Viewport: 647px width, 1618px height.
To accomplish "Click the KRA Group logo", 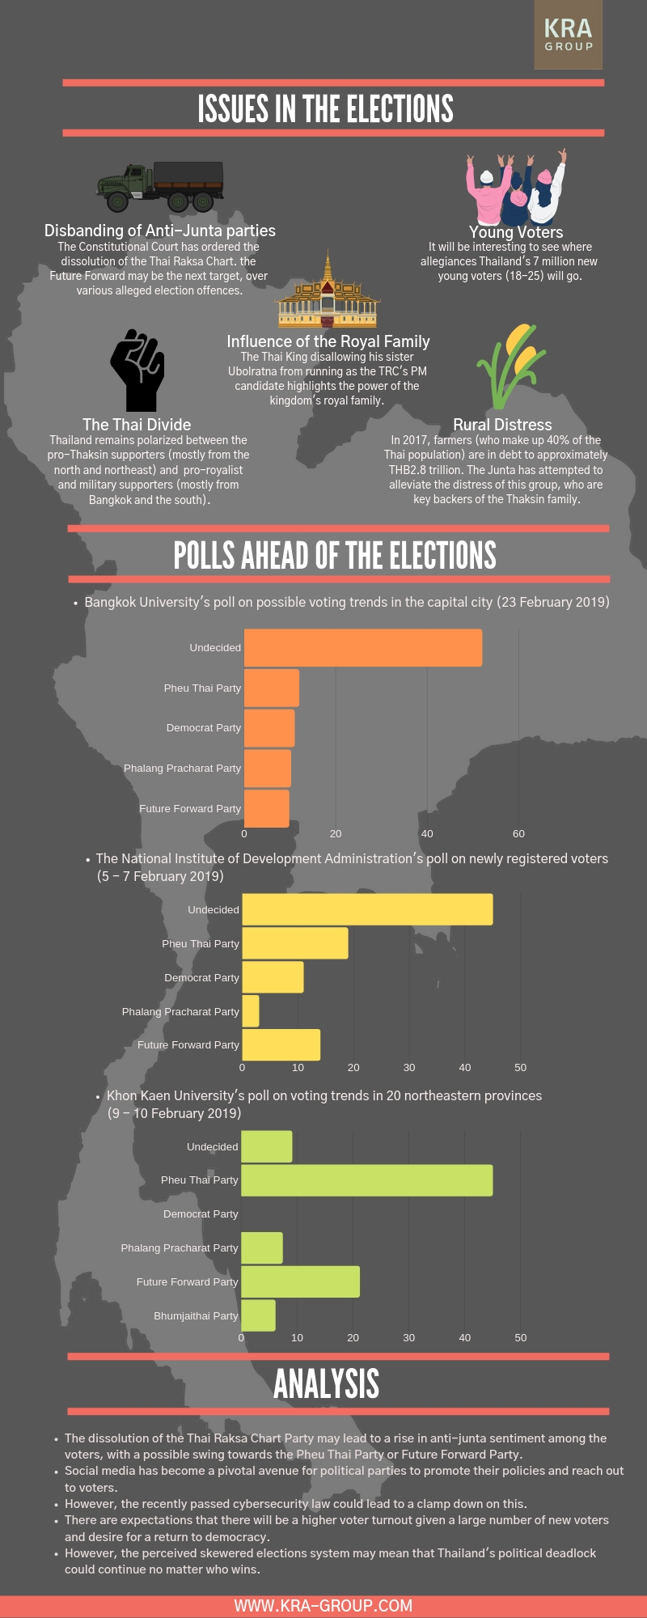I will pos(568,35).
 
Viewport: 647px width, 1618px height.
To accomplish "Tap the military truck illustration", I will pos(160,185).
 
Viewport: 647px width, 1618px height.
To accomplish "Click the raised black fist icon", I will pos(137,370).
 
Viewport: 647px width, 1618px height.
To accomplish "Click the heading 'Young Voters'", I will pos(516,232).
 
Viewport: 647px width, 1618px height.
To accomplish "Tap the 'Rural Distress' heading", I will pos(502,425).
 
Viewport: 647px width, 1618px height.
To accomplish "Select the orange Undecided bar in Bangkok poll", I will pos(362,648).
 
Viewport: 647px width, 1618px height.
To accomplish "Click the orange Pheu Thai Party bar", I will pos(272,688).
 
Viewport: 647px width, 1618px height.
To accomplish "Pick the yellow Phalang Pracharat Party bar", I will pos(251,1011).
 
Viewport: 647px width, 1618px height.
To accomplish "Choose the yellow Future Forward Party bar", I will pos(281,1044).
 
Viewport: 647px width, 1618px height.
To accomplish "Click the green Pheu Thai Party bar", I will pos(366,1180).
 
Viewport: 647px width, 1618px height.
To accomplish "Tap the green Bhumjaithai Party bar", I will pos(258,1315).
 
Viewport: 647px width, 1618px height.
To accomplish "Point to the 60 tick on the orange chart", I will pos(518,833).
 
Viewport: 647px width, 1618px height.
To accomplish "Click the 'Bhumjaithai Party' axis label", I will pos(196,1316).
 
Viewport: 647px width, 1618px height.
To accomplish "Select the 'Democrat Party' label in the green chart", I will pos(201,1214).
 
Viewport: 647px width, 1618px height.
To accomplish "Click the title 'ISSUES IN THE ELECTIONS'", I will pos(325,108).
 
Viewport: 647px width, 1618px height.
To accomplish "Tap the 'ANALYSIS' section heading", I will pos(327,1383).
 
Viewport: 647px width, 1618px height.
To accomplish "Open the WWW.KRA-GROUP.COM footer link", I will pos(323,1605).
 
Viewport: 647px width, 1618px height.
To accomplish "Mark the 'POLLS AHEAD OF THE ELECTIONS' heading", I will pos(335,555).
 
